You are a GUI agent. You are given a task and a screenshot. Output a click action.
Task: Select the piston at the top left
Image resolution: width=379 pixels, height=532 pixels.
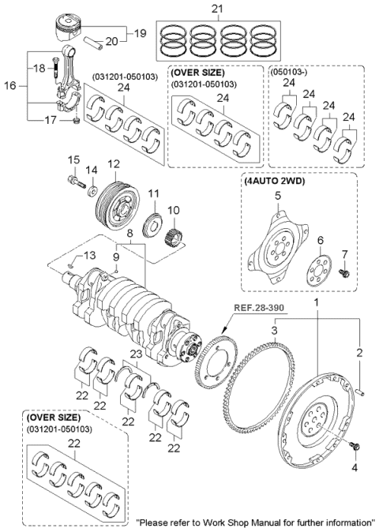click(70, 28)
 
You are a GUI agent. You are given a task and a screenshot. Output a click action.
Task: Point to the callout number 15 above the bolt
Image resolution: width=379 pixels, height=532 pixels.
click(73, 160)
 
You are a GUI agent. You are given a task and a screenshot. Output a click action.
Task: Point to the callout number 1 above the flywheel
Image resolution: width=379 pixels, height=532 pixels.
click(318, 301)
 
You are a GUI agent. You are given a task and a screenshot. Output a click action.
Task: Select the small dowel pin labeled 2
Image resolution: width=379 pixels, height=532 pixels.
click(361, 386)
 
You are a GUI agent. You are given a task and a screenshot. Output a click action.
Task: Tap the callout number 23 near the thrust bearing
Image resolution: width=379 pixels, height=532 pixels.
click(137, 354)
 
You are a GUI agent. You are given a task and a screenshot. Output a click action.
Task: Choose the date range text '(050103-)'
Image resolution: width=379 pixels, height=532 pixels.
click(287, 70)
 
